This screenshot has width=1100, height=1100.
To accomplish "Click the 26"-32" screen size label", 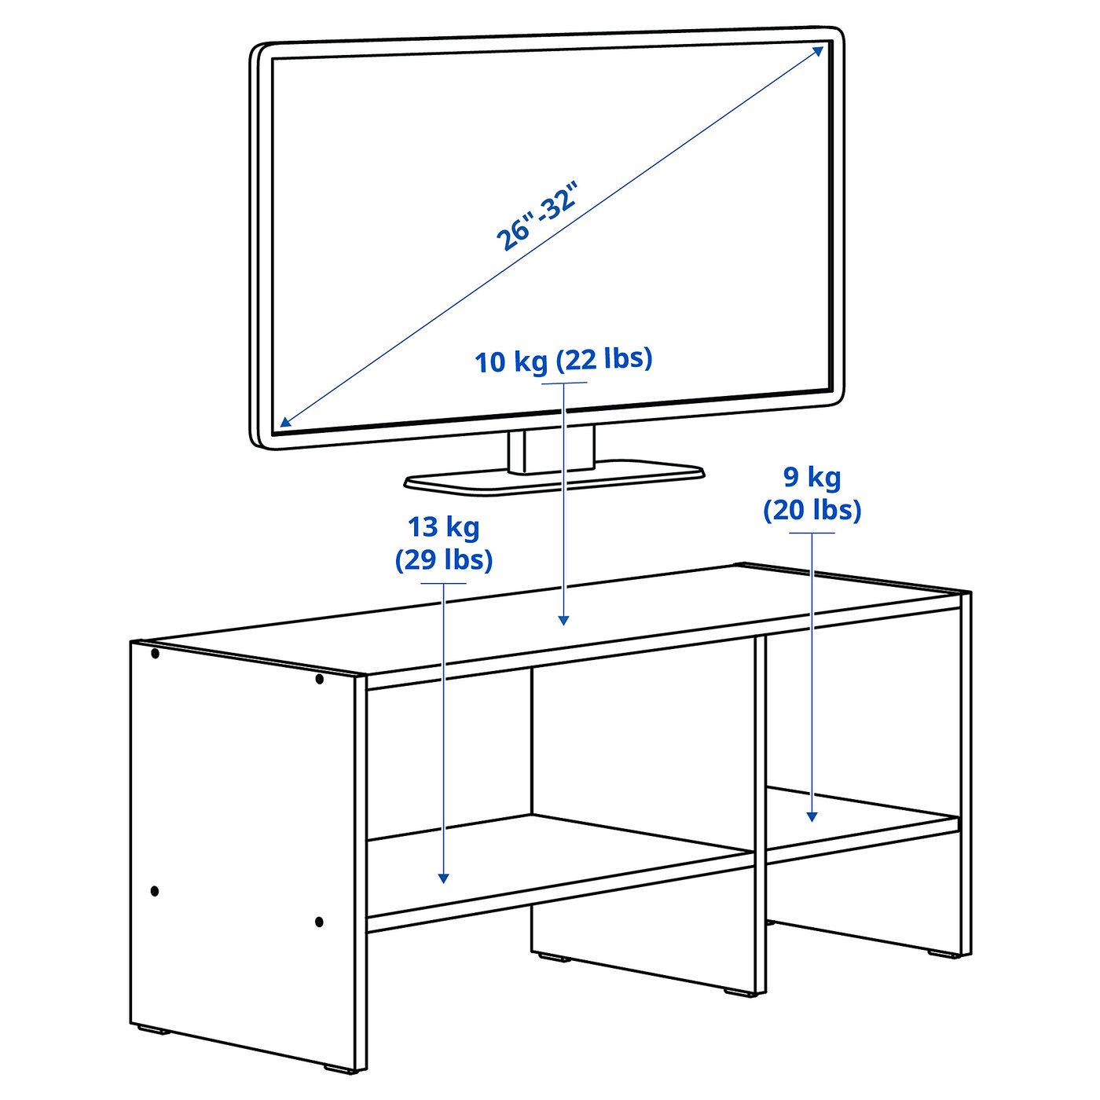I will coord(538,216).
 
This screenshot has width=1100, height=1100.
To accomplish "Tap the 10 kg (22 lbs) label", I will coord(563,360).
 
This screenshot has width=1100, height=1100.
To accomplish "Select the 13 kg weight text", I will coord(443,526).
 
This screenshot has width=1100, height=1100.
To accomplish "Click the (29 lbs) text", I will coord(443,559).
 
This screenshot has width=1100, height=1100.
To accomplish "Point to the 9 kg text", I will coord(812,477).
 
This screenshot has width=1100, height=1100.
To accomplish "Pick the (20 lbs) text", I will coord(812,510).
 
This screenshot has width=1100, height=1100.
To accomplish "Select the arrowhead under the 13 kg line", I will coord(444,878).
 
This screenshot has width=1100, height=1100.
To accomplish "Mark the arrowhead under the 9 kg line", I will coord(812,817).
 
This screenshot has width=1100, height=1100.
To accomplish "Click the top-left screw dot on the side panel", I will coord(155,654).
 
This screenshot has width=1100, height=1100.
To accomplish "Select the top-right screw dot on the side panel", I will coord(319,679).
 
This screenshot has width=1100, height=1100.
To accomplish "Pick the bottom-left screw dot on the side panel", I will coord(155,891).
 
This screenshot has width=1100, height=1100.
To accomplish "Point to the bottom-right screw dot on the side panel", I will coord(319,922).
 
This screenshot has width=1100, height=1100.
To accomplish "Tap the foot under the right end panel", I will coord(939,953).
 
